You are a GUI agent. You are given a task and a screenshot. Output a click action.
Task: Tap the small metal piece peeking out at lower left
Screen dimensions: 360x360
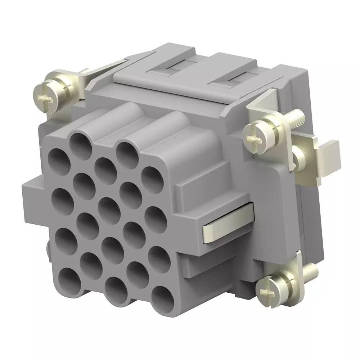coord(48,248)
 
